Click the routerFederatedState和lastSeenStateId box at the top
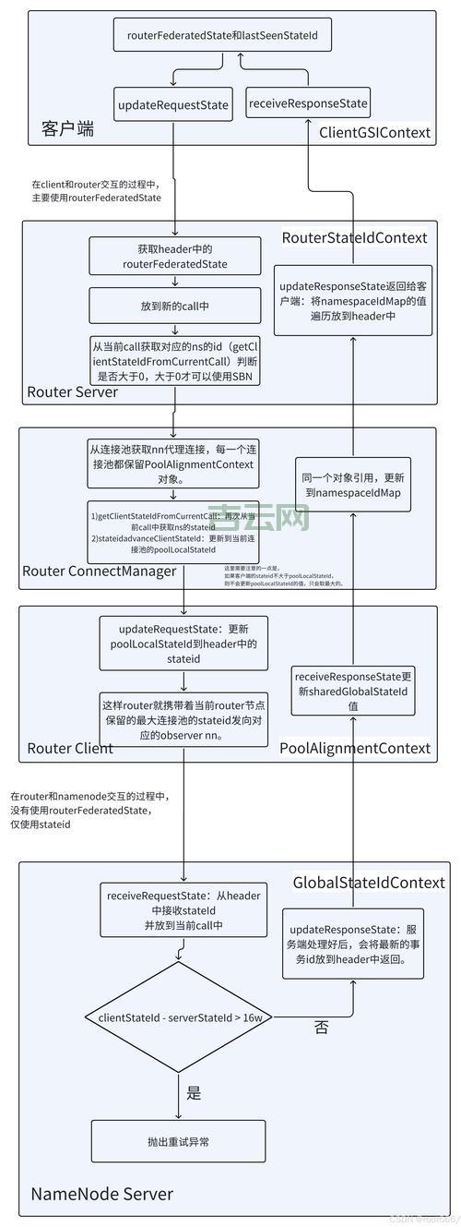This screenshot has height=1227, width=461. pos(222,35)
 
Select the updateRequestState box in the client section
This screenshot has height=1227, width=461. pos(172,105)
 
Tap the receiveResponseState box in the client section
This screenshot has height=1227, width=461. pos(308,103)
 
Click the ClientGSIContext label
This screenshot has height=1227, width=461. pos(374,132)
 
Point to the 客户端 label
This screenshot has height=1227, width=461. pos(67,128)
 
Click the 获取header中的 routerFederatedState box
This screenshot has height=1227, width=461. pos(174,257)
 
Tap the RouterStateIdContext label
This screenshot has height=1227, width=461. pos(354,237)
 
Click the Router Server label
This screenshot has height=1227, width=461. pos(72,391)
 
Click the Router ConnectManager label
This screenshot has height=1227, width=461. pos(99,571)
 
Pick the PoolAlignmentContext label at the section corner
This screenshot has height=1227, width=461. pos(355,748)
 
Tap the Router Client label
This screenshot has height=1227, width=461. pos(70,748)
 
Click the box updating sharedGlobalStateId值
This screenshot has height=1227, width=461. pos(352,691)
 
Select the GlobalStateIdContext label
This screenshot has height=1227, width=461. pos(369,883)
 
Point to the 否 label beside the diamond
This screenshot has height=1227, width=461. pos(321,1026)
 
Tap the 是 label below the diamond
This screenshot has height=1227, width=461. pos(194,1093)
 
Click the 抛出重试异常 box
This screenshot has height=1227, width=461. pos(178,1142)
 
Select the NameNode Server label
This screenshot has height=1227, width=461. pos(101,1194)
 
